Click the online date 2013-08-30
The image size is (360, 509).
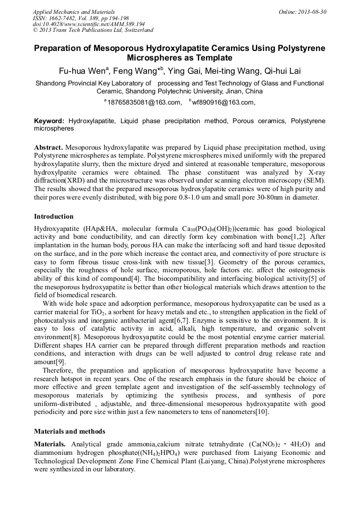(x=311, y=12)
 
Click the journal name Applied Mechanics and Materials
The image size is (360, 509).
(x=74, y=12)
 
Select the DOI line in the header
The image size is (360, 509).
(x=89, y=24)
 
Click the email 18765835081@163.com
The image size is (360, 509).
(x=142, y=102)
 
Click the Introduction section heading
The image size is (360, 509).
(x=54, y=217)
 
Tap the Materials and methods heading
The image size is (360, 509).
(x=70, y=431)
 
